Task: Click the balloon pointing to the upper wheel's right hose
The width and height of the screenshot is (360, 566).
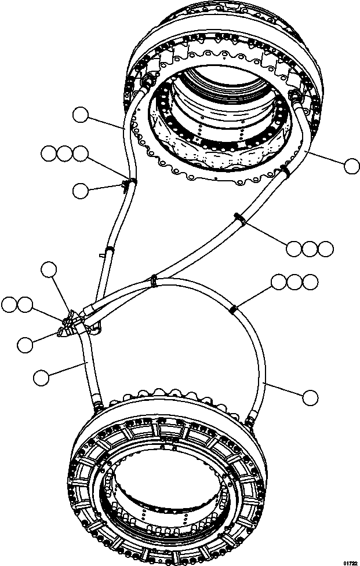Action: tap(351, 167)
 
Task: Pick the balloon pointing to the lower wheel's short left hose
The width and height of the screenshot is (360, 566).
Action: tap(41, 378)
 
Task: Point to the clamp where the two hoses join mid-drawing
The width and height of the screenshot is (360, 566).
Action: tap(153, 280)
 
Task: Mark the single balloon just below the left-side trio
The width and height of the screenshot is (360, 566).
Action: tap(81, 189)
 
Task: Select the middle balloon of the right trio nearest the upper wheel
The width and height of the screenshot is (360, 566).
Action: tap(310, 249)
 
